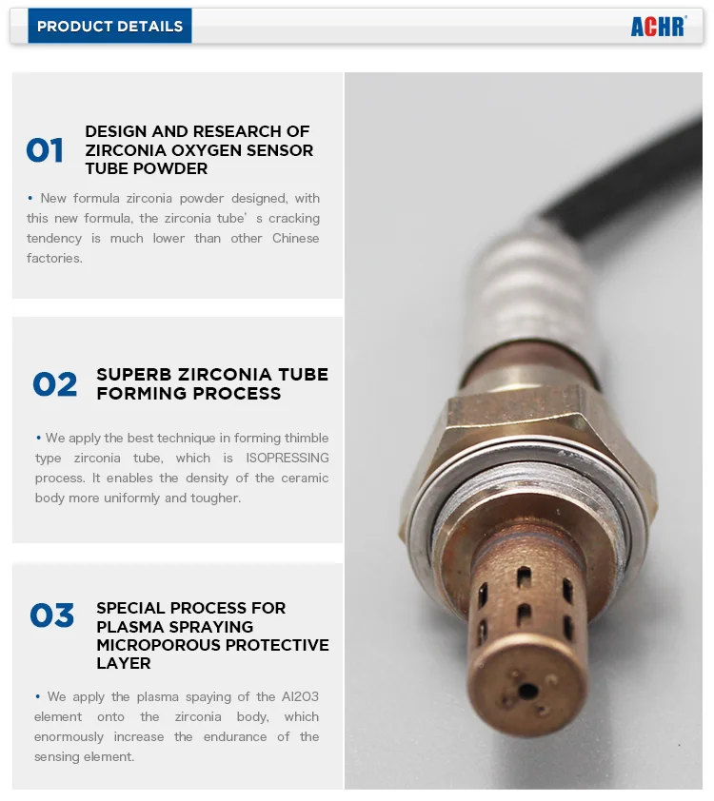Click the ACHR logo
(658, 27)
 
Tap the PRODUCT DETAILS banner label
(109, 27)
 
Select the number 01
(45, 151)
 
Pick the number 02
(55, 385)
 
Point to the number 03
(51, 616)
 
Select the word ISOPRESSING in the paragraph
(289, 459)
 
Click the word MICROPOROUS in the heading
(150, 645)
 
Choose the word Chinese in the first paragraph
(296, 239)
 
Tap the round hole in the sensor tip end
(526, 692)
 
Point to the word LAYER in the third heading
(124, 663)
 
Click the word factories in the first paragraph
(54, 259)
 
